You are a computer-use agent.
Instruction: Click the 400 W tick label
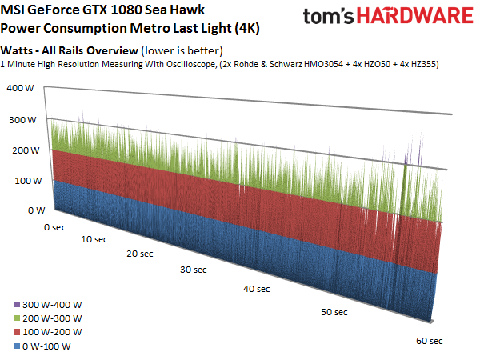(20, 88)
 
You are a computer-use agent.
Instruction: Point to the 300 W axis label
(22, 120)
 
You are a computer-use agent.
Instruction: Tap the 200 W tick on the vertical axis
(26, 150)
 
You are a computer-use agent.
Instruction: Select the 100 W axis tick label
(28, 181)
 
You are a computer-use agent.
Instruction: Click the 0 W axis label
(37, 210)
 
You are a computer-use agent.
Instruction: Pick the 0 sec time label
(54, 227)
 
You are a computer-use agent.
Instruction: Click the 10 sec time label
(94, 239)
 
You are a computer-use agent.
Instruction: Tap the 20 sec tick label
(140, 254)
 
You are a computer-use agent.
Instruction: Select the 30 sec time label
(193, 270)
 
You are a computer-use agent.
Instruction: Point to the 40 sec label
(257, 289)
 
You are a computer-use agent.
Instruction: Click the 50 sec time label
(334, 312)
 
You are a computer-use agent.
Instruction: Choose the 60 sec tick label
(429, 341)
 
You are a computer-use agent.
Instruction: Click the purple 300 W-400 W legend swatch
(17, 305)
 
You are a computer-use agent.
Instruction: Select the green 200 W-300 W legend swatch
(17, 318)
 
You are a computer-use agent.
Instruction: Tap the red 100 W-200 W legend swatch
(17, 332)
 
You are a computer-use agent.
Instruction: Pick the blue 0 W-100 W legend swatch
(17, 346)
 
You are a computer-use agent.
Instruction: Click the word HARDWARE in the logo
(415, 16)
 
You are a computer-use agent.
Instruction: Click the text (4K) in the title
(247, 29)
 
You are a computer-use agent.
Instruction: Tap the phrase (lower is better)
(182, 51)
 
